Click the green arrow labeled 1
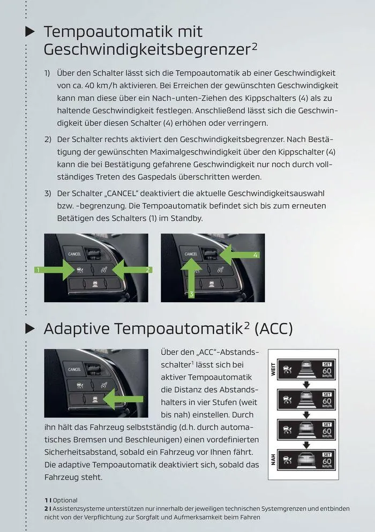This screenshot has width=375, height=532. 59,269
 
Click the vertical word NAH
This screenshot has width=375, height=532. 273,459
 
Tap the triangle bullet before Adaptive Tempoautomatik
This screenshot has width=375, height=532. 31,328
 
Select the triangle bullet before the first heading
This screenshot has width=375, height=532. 31,32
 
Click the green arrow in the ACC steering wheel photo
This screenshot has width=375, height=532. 123,399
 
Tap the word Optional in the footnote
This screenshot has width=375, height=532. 65,500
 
